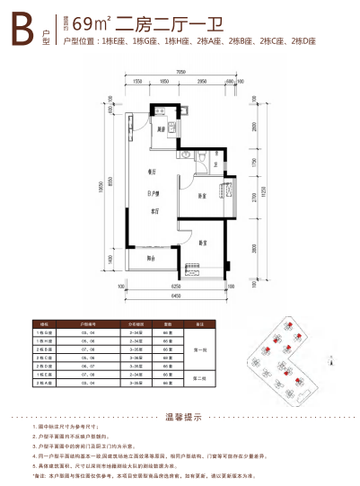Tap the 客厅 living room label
pyautogui.click(x=141, y=211)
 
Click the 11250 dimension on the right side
pyautogui.click(x=261, y=191)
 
